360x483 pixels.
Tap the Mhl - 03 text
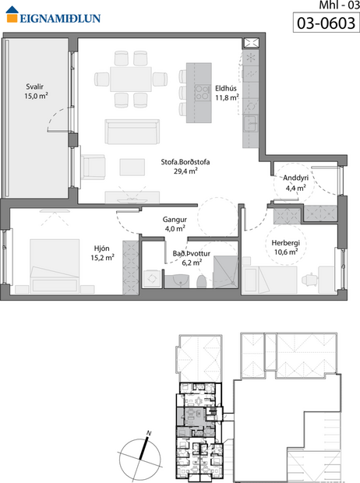338,6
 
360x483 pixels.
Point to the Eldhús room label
226,87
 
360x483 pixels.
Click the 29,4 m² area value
185,172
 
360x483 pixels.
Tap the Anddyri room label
295,178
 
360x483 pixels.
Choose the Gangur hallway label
175,219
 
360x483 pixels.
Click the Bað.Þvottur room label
191,254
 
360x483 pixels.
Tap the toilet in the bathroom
200,280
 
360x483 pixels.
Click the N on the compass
147,432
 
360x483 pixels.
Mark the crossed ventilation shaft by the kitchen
252,44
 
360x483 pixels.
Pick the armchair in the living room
94,166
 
